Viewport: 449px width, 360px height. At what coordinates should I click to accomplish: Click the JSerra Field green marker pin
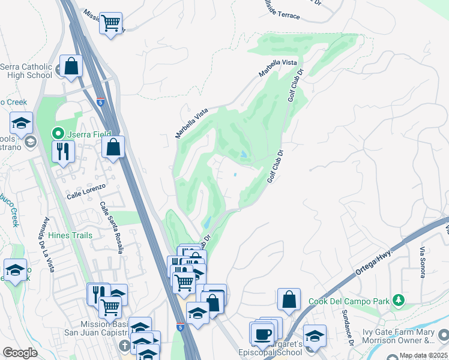tap(58, 133)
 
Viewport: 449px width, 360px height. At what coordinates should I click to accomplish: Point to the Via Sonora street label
tap(423, 262)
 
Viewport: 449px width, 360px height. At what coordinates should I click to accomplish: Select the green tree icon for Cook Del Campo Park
tap(398, 300)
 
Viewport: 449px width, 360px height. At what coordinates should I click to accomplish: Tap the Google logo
tap(20, 353)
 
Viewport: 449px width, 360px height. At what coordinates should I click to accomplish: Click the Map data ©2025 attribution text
tap(423, 356)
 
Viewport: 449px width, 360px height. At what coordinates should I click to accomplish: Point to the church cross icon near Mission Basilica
tap(124, 346)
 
